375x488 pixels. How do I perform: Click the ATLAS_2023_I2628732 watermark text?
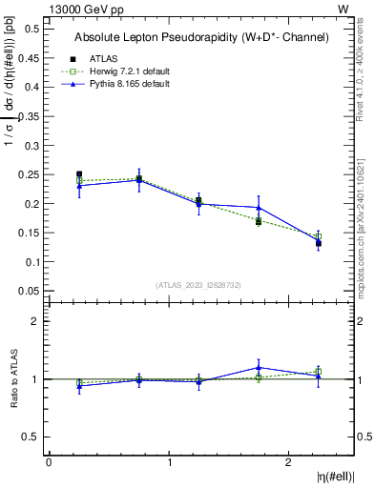198,283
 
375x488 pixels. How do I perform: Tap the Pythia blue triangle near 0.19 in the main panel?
259,207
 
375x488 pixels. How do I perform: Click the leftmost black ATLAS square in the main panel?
79,174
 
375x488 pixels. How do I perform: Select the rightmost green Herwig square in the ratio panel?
319,372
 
